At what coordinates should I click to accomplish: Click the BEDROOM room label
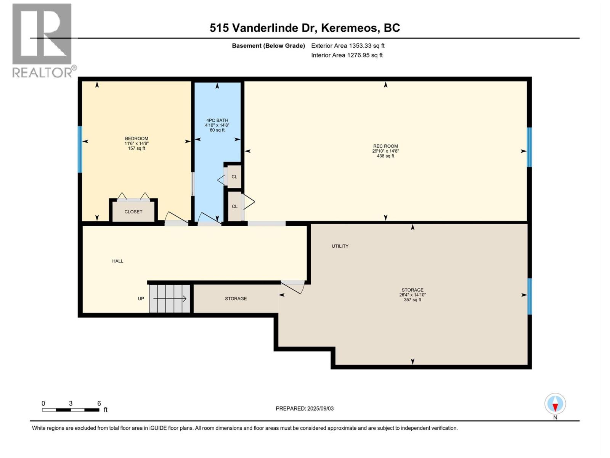tap(136, 139)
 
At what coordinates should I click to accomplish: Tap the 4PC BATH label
tap(217, 121)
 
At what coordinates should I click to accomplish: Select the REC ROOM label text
tap(385, 146)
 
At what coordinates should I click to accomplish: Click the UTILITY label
tap(340, 246)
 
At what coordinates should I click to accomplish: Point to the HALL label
tap(117, 261)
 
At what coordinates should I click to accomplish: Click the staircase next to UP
tap(170, 298)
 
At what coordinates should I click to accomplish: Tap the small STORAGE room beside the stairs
tap(236, 298)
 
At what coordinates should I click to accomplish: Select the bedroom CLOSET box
tap(133, 211)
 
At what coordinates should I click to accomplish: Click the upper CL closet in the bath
tap(234, 177)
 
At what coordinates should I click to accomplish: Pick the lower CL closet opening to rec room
tap(234, 206)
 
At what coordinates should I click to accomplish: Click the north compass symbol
tap(555, 404)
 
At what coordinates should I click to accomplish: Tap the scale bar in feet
tap(71, 410)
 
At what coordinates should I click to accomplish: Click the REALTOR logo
tap(42, 40)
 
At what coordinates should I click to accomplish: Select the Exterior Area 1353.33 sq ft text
tap(348, 46)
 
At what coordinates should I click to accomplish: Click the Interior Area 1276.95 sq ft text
tap(347, 55)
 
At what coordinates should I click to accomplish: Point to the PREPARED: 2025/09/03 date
tap(305, 408)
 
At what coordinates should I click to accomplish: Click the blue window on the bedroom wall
tap(80, 149)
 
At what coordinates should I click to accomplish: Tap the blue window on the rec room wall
tap(529, 147)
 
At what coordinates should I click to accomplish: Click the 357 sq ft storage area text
tap(412, 300)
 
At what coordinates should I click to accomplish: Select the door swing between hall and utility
tap(294, 286)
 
